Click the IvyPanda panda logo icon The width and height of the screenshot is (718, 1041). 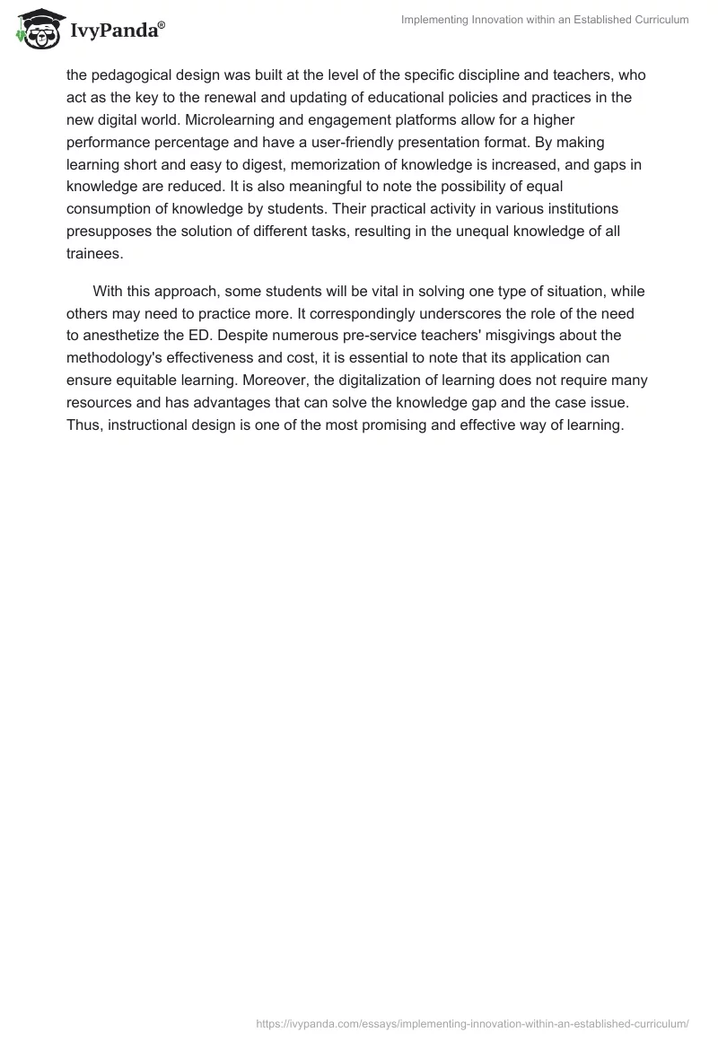click(x=37, y=30)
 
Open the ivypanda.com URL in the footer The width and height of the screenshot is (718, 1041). click(x=472, y=1023)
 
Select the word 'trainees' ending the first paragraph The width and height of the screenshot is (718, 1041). click(x=93, y=254)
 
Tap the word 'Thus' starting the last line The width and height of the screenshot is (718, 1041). click(x=83, y=425)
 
